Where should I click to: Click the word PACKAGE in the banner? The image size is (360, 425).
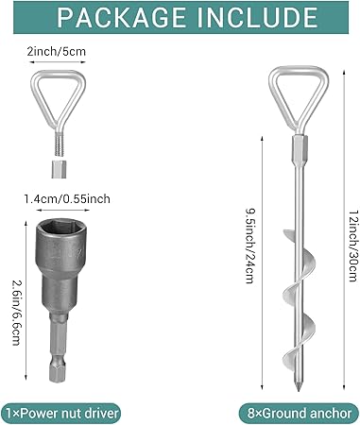pos(122,17)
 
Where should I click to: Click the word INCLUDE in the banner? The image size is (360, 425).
pos(257,17)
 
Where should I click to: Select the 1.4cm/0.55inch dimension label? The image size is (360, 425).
pos(67,198)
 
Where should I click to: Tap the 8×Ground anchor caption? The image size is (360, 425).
pos(299,413)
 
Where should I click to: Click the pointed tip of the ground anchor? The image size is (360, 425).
pos(298,391)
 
